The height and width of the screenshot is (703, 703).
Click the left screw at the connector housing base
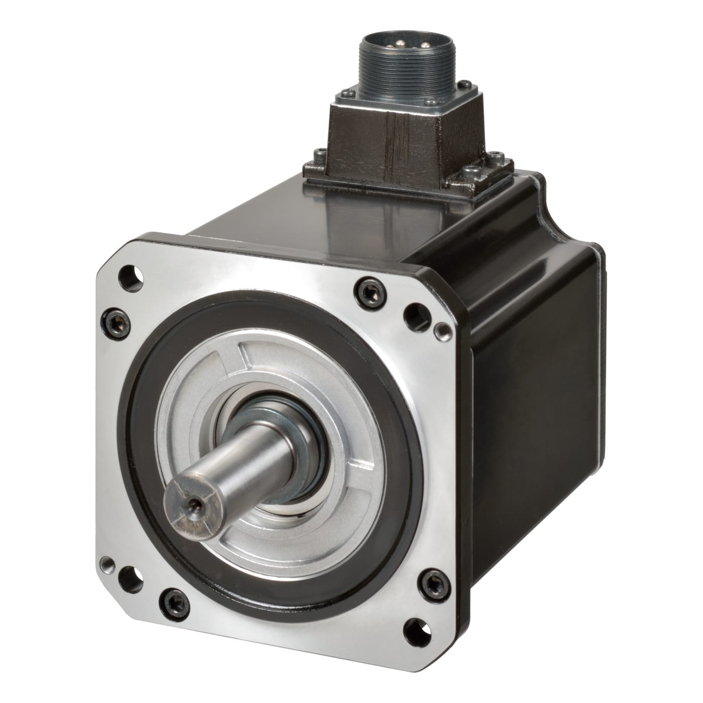point(317,153)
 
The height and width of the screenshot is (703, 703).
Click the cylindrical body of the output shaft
point(241,462)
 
